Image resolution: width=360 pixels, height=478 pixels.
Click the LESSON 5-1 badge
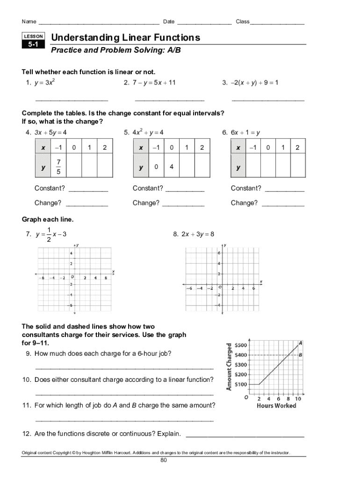click(x=33, y=41)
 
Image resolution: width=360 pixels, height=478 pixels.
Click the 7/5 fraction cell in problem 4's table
click(x=58, y=167)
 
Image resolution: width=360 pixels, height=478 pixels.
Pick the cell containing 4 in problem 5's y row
click(x=172, y=167)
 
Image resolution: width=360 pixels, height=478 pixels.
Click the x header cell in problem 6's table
click(x=238, y=148)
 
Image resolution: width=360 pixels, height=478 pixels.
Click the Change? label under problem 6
click(x=244, y=203)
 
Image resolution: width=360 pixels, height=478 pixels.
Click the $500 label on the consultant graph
click(x=241, y=345)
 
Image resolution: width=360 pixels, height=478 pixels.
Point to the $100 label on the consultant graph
click(x=241, y=385)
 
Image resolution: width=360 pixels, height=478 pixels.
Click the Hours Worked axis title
click(x=276, y=406)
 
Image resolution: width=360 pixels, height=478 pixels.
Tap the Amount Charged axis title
click(x=229, y=367)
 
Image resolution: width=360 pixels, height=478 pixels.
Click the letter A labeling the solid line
click(x=301, y=343)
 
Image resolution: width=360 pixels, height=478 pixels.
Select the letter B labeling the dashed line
click(x=301, y=355)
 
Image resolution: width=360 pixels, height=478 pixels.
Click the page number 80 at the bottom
click(x=164, y=460)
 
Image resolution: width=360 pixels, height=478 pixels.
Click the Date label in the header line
click(x=169, y=22)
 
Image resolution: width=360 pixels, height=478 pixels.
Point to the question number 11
click(x=27, y=405)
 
